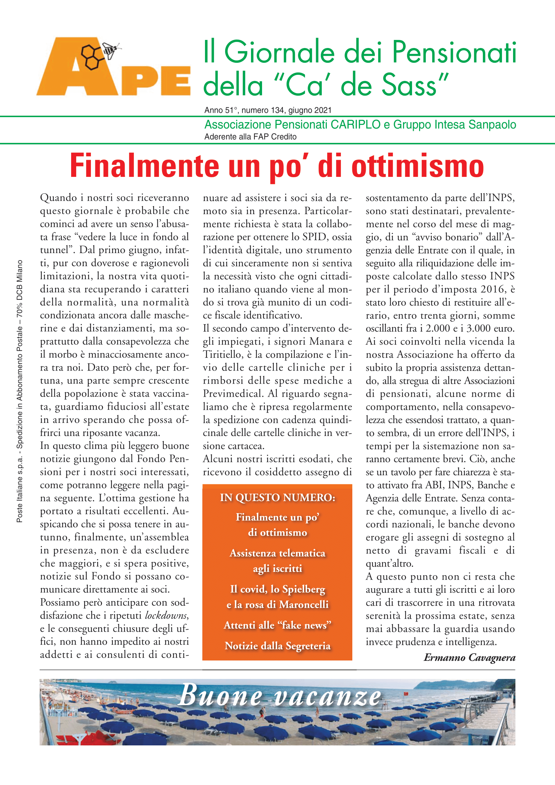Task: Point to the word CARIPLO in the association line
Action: click(355, 125)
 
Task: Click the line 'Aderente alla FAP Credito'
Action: click(250, 137)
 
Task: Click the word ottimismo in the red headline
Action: click(418, 166)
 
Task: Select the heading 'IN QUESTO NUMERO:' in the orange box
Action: click(277, 497)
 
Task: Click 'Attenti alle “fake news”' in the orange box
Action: click(277, 625)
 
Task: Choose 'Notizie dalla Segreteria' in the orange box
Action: click(277, 645)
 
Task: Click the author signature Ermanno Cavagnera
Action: click(469, 657)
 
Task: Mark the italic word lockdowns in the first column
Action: click(166, 616)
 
